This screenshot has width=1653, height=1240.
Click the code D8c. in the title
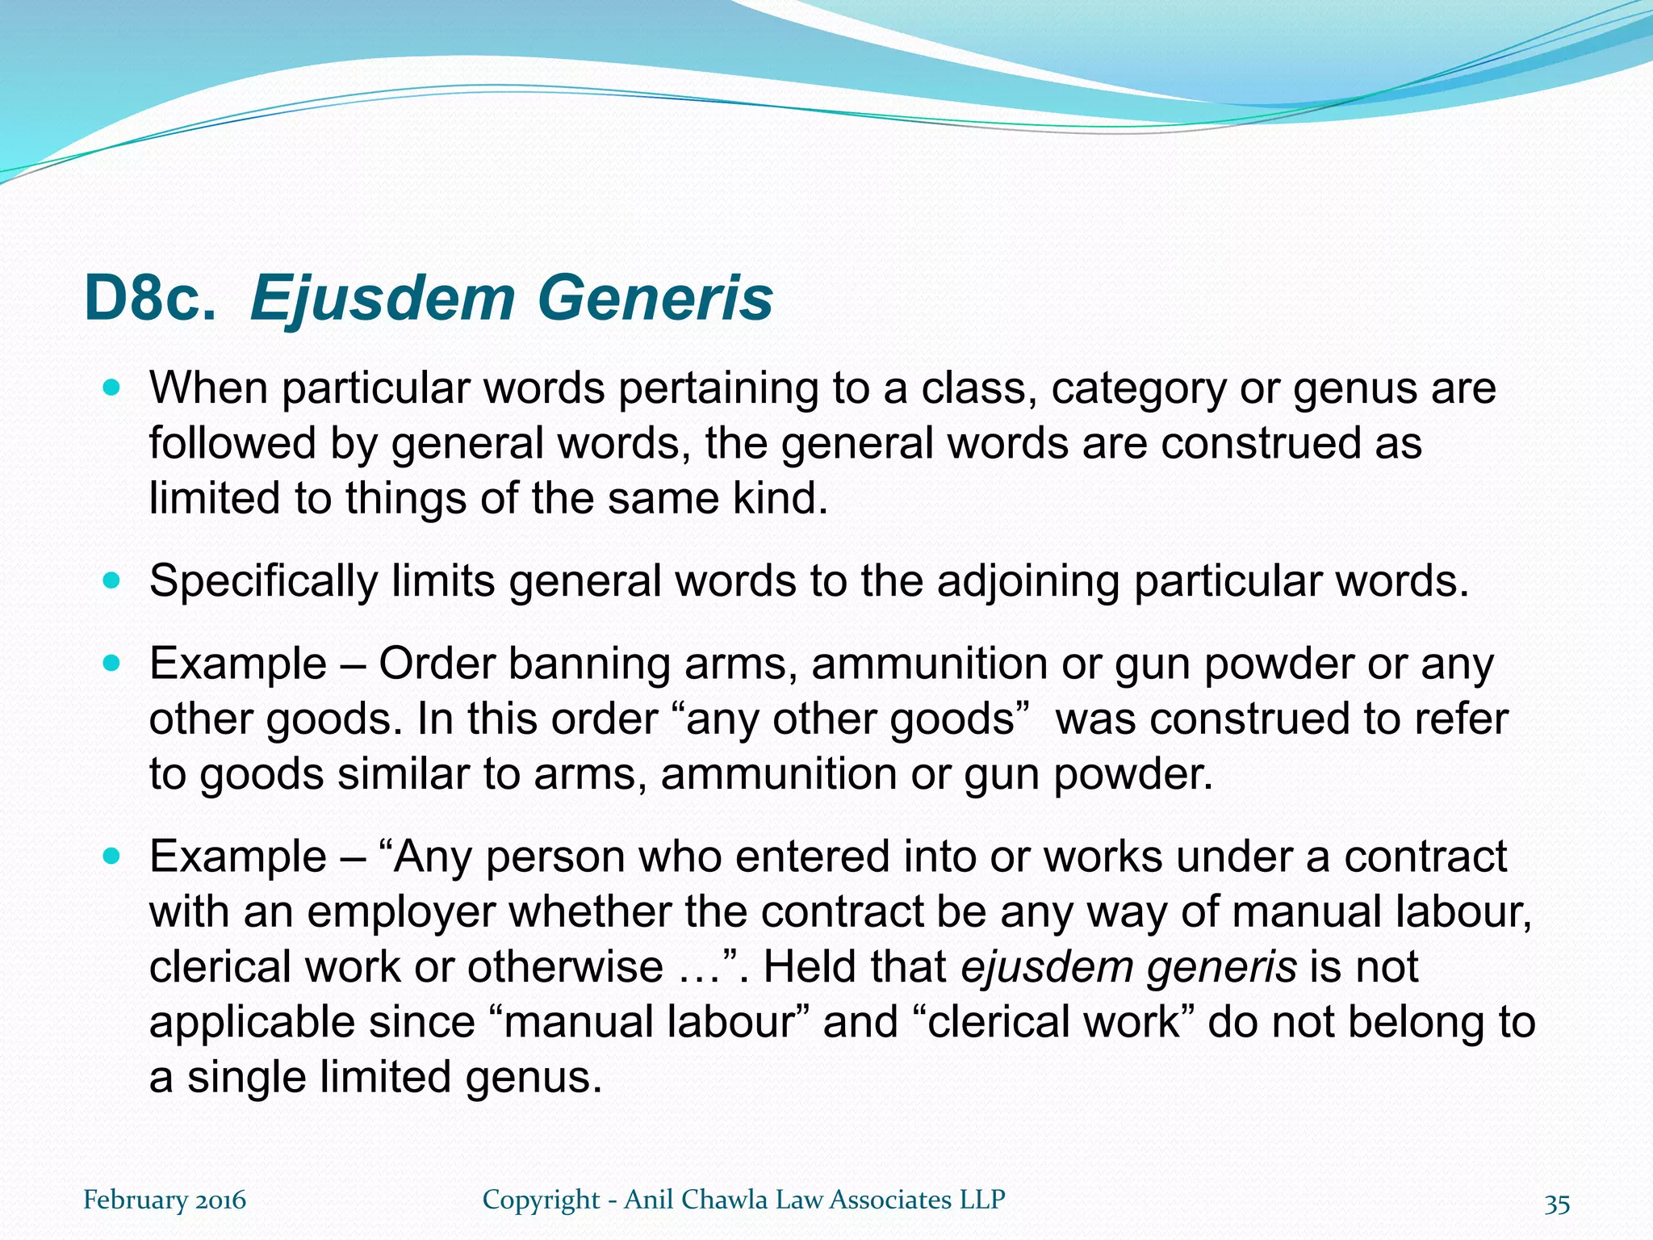(150, 300)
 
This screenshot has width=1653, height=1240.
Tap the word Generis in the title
(655, 300)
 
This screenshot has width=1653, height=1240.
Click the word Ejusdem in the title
(383, 300)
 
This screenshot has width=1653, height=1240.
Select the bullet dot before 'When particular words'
(112, 387)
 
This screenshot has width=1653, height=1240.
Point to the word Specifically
(263, 581)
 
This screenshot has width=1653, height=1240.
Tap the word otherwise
(565, 967)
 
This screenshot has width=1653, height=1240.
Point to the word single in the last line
(246, 1078)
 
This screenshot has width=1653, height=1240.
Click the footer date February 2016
(165, 1200)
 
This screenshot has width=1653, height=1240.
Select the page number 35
(1557, 1204)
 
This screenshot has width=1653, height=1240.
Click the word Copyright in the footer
(542, 1200)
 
